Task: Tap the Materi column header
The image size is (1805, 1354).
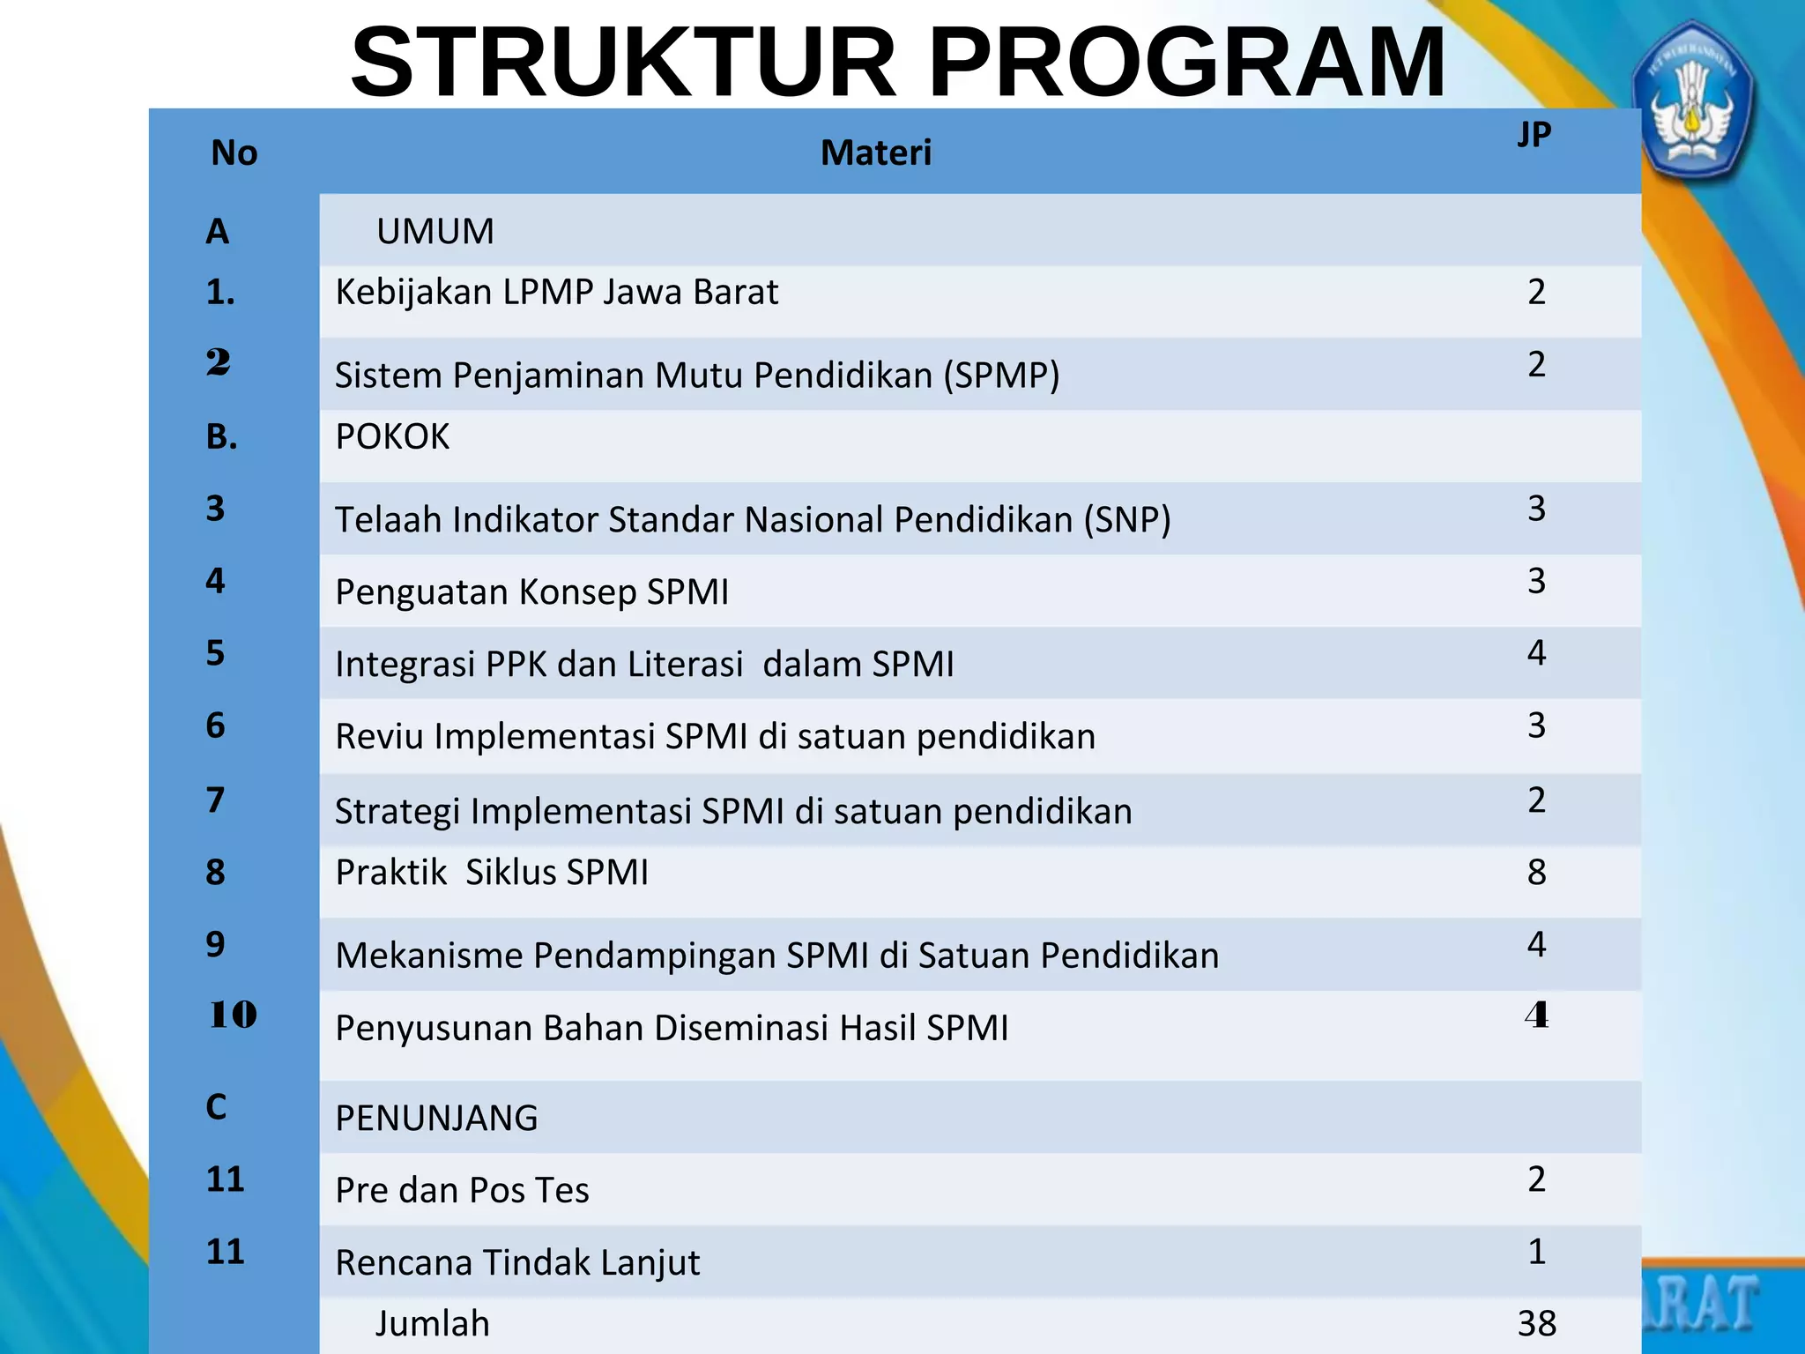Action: click(875, 153)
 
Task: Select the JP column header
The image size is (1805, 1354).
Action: click(1534, 135)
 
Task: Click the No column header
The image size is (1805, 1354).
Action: click(234, 153)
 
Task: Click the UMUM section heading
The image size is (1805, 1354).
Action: click(435, 232)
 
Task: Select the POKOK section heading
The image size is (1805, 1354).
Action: click(392, 437)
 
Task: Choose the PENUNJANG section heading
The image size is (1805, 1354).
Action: click(436, 1119)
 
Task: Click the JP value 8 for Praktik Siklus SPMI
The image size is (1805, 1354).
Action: click(1536, 873)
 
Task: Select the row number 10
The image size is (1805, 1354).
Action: click(233, 1015)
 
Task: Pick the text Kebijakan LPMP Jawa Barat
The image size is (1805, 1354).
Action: click(556, 293)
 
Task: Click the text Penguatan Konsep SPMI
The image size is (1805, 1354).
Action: click(531, 592)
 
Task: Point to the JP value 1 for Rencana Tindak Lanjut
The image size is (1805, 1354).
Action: click(1536, 1252)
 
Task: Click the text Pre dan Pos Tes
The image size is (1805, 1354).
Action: click(462, 1191)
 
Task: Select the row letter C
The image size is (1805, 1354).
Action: click(216, 1107)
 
